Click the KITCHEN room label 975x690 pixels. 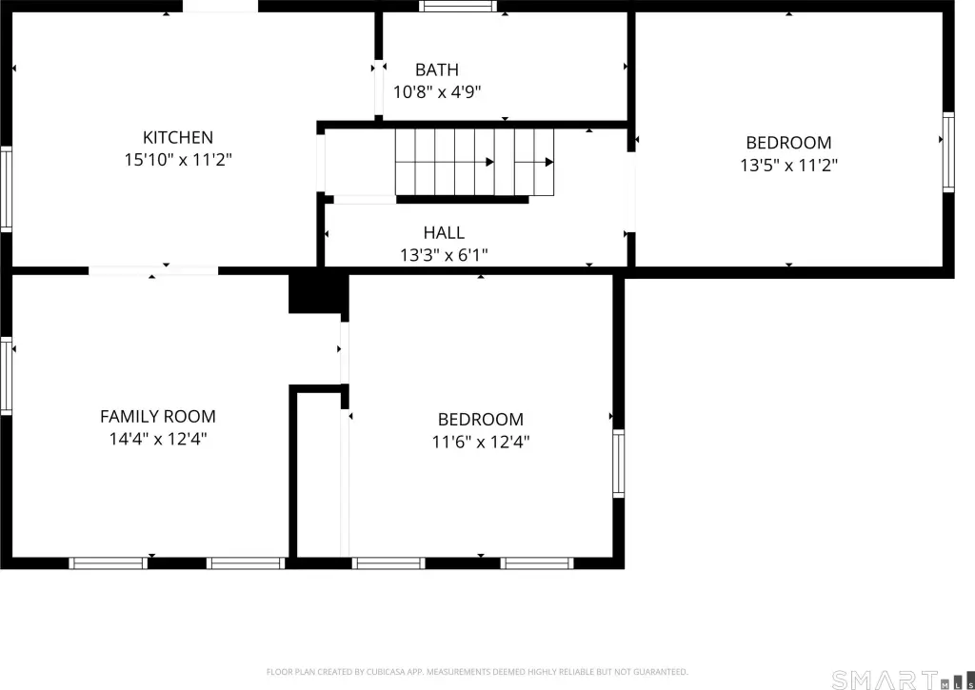tap(178, 137)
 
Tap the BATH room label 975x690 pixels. tap(437, 69)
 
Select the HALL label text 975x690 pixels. tap(444, 232)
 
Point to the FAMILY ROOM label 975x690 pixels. tap(158, 417)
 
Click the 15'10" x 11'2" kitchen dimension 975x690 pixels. tap(178, 160)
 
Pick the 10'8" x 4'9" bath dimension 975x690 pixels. tap(437, 92)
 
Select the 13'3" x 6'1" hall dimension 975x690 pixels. tap(444, 255)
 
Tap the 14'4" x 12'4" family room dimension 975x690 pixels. tap(158, 439)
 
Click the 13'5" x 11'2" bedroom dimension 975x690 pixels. tap(789, 166)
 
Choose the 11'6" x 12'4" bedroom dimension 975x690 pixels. tap(481, 442)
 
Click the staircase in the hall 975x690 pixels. tap(474, 162)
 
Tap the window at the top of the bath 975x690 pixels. tap(458, 7)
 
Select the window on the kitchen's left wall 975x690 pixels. tap(6, 189)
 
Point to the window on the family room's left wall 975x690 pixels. tap(6, 376)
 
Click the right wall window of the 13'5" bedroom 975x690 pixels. tap(948, 152)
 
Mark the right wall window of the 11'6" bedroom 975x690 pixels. tap(619, 463)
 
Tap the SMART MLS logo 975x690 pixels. tap(903, 680)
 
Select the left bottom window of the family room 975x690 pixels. tap(109, 563)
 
